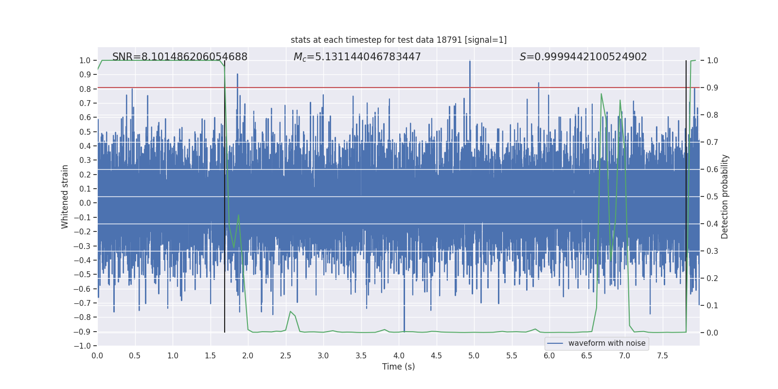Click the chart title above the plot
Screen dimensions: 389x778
click(x=399, y=40)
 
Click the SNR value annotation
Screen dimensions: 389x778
click(x=180, y=57)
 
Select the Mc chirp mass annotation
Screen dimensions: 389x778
click(x=357, y=57)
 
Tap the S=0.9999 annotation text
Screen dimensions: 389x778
click(x=583, y=57)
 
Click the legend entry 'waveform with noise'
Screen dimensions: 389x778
click(x=606, y=343)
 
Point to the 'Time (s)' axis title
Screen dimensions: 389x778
click(x=399, y=367)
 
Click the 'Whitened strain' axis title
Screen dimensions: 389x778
click(x=65, y=196)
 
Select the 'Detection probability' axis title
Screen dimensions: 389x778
click(x=725, y=196)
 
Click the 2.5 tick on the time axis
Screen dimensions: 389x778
click(x=285, y=355)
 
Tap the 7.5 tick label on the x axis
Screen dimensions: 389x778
click(x=662, y=355)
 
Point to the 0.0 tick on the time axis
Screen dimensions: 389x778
click(x=97, y=355)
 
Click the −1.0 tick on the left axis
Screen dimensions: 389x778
click(x=82, y=346)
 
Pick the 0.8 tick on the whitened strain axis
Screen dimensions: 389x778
click(x=85, y=89)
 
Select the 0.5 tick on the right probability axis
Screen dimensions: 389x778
click(x=712, y=196)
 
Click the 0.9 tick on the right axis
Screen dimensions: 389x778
click(x=712, y=88)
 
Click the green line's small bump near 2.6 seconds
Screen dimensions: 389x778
click(x=291, y=312)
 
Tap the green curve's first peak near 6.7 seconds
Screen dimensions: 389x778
click(x=601, y=94)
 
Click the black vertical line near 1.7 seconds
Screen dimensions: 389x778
click(x=225, y=194)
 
